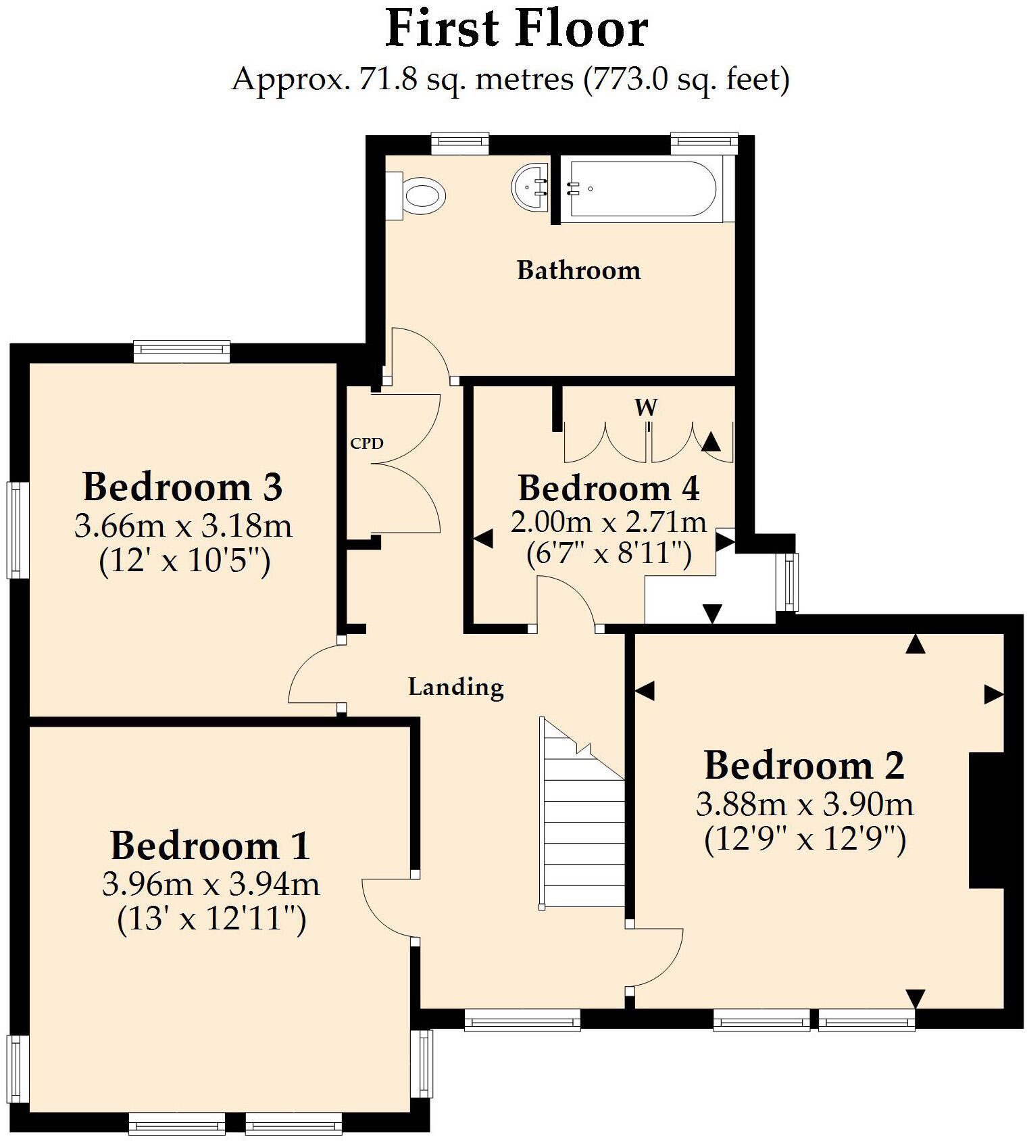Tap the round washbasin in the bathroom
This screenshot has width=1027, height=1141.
pos(531,187)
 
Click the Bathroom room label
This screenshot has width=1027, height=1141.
pos(578,270)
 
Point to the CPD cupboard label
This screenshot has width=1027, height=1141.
pos(367,443)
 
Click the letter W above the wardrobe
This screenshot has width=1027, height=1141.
pos(646,407)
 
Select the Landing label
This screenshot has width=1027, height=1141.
pos(456,687)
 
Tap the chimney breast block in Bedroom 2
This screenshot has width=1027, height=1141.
pos(986,820)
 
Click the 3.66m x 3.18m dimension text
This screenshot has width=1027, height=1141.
pos(183,526)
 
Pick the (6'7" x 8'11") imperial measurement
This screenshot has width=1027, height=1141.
pos(609,554)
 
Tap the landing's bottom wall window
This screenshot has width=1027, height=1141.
pos(522,1019)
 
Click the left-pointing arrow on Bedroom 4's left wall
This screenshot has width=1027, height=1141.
pos(482,539)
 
